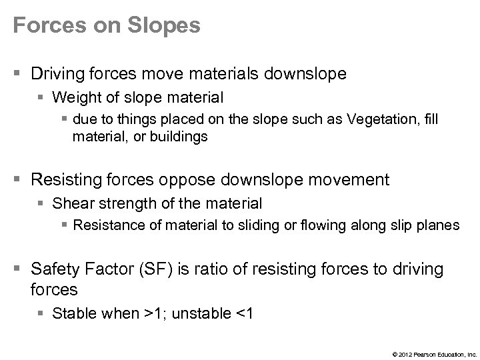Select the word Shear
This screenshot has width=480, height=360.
pos(70,203)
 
